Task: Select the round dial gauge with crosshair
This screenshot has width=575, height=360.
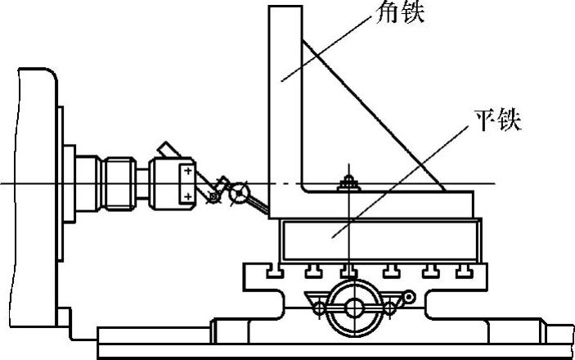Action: (240, 193)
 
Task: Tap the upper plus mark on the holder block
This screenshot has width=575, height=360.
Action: (187, 172)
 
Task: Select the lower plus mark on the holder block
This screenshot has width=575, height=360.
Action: (187, 196)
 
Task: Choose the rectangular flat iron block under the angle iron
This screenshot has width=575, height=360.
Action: (376, 238)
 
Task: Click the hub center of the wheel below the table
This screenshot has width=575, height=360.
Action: (354, 307)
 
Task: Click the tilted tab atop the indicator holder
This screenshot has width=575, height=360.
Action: (169, 151)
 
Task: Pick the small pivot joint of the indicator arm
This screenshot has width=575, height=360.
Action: (213, 196)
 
